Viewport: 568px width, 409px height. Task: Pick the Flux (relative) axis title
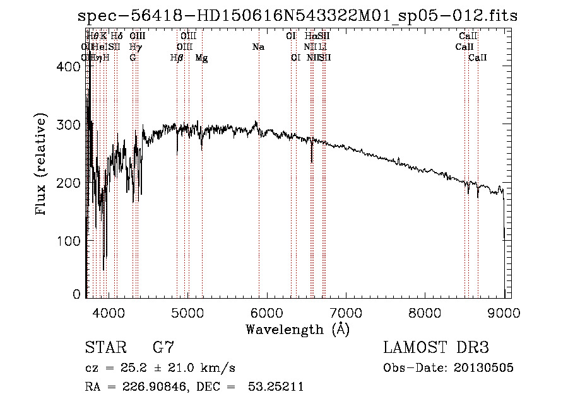pos(42,165)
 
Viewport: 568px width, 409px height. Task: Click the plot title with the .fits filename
pos(297,16)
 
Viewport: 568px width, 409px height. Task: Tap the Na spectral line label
pos(258,47)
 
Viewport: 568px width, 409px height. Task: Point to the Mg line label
pos(202,58)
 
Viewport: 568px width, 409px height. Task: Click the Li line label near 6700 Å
pos(322,47)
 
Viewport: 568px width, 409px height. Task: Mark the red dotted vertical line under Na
pos(259,189)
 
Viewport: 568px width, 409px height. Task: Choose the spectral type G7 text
pos(163,348)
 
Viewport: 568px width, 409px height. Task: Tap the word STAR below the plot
pos(104,348)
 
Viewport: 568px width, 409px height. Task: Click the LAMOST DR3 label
pos(435,348)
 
